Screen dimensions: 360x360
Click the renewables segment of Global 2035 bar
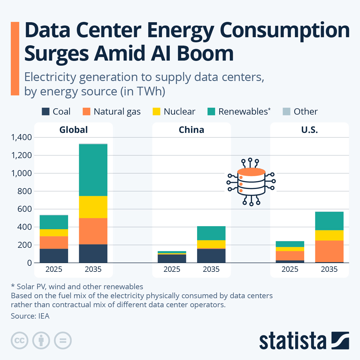tap(93, 170)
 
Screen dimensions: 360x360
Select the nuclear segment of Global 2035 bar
tap(93, 207)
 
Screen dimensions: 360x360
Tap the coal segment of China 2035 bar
tap(211, 256)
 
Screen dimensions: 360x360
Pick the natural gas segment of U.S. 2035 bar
tap(329, 251)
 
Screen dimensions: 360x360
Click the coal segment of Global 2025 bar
tap(54, 256)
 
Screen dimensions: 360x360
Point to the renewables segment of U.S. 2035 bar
tap(329, 221)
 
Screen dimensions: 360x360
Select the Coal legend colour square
tap(46, 112)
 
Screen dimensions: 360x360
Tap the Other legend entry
tap(300, 112)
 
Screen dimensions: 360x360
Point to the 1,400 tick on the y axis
tap(21, 137)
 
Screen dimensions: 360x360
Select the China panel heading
tap(191, 130)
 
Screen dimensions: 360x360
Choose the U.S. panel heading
tap(309, 130)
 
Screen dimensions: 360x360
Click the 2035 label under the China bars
tap(211, 269)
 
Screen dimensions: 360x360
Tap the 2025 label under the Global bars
tap(54, 269)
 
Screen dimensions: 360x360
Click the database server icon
tap(251, 182)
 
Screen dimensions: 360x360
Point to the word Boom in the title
tap(205, 53)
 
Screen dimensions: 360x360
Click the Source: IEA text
tap(30, 316)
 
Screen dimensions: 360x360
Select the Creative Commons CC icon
tap(19, 340)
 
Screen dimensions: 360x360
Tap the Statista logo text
tap(292, 341)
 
